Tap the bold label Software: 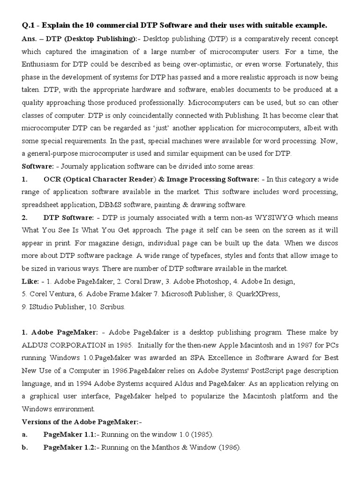click(x=38, y=166)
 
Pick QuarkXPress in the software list click(x=259, y=294)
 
